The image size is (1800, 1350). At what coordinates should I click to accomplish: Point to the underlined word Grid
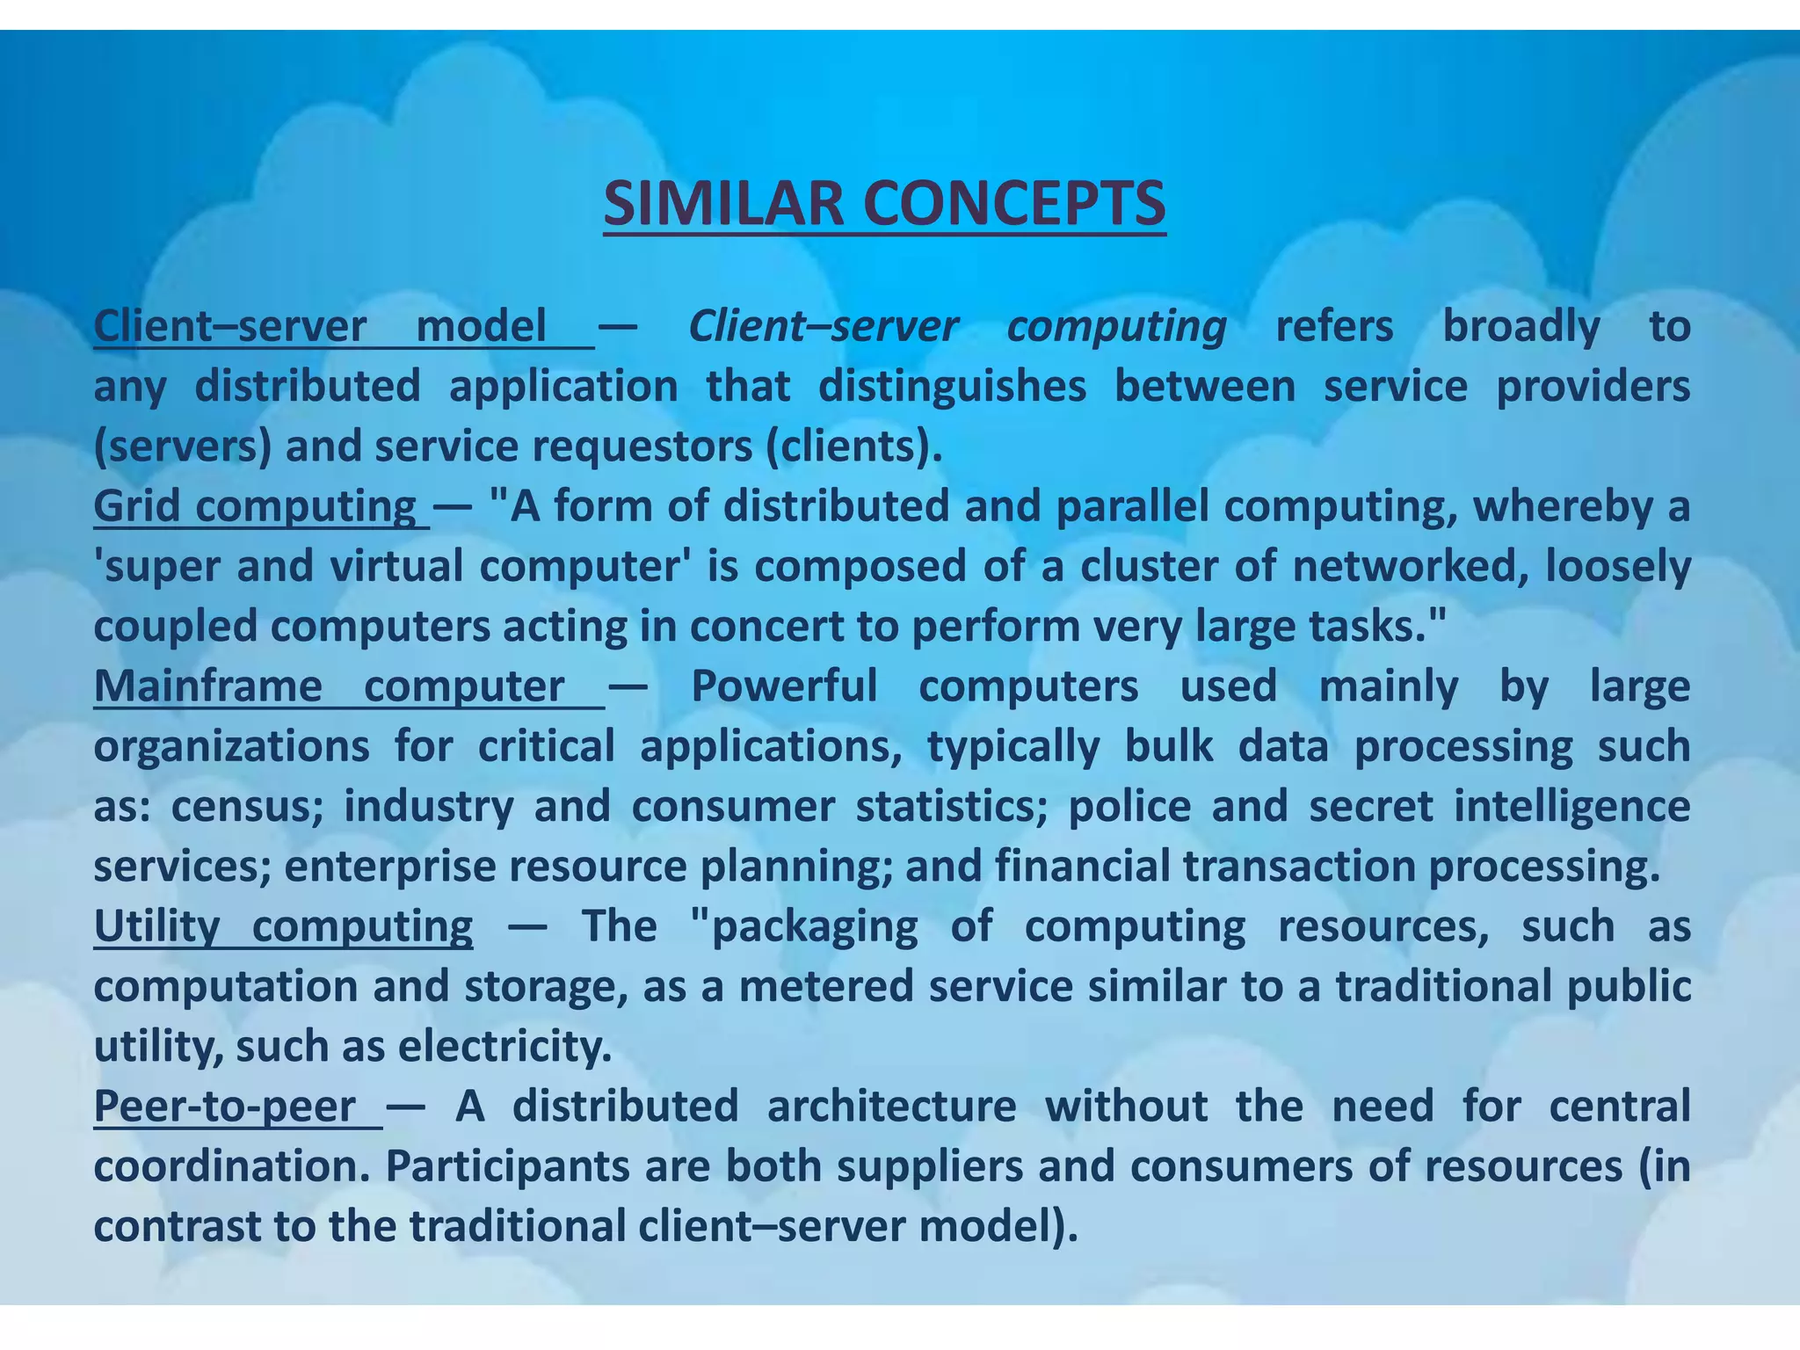pyautogui.click(x=136, y=507)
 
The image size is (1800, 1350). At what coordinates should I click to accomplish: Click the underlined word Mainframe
pyautogui.click(x=208, y=686)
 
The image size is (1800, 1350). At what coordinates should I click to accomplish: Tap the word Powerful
pyautogui.click(x=784, y=686)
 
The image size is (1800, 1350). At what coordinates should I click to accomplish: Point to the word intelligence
pyautogui.click(x=1571, y=807)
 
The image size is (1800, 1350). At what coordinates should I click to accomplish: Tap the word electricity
pyautogui.click(x=505, y=1047)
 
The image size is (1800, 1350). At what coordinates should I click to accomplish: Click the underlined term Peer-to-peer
pyautogui.click(x=225, y=1107)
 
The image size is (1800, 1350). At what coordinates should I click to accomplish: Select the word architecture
pyautogui.click(x=891, y=1107)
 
